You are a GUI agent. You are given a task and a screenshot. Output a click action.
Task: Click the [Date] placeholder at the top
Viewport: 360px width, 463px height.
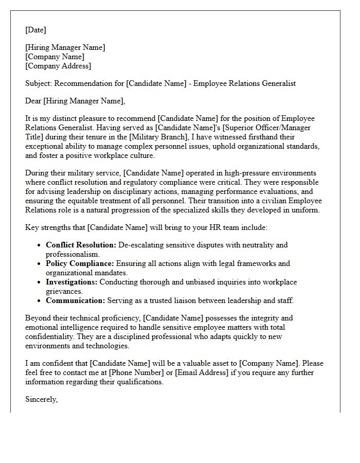click(35, 30)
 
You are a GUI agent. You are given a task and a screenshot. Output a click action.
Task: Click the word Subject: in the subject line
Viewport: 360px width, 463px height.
click(39, 83)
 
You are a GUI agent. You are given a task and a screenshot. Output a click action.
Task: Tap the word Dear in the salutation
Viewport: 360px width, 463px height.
click(33, 101)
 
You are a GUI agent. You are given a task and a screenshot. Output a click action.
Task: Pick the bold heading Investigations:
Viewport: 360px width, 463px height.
click(71, 282)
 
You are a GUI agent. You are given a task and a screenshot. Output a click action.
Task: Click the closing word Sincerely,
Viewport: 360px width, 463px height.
click(41, 399)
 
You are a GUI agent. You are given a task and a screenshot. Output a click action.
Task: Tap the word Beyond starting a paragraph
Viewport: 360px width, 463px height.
click(38, 318)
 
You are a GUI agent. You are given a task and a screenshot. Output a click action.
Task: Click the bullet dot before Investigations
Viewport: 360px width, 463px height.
click(40, 282)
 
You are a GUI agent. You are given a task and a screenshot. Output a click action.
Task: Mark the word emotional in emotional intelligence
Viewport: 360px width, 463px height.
click(42, 327)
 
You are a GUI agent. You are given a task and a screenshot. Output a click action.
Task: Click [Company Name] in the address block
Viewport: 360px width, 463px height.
click(55, 57)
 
